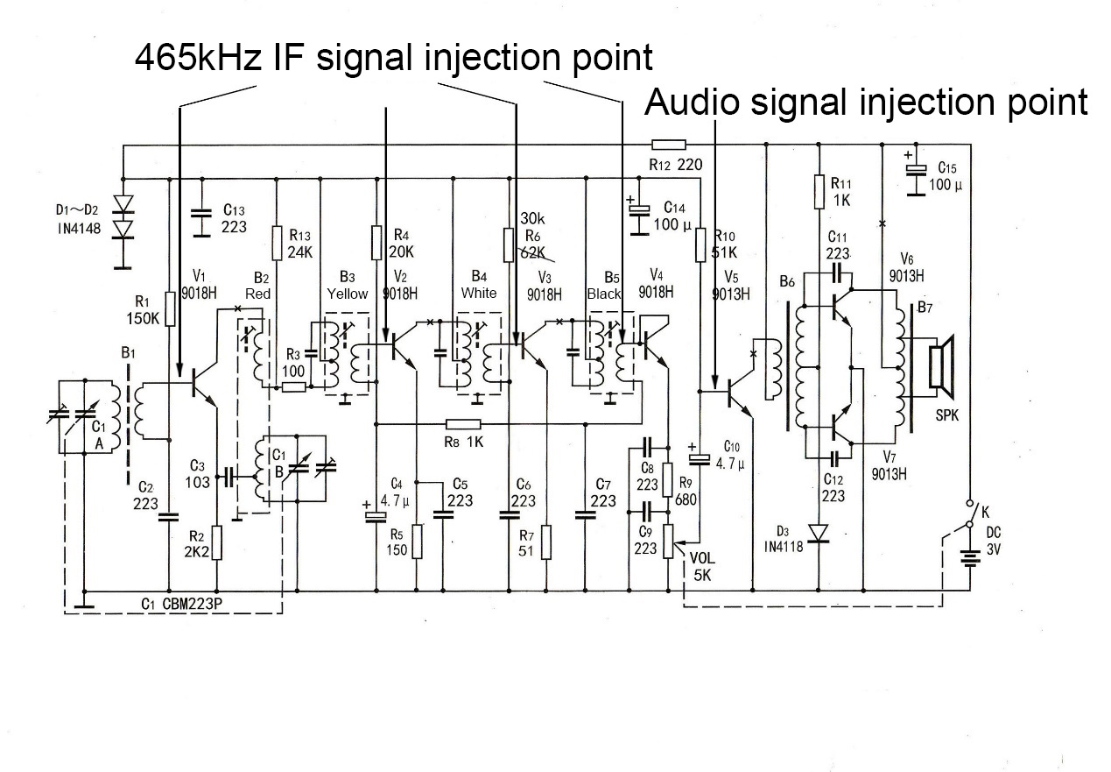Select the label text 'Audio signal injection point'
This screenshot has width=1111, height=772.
coord(866,103)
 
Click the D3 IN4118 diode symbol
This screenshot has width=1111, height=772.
coord(818,532)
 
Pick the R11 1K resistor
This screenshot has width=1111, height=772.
coord(819,191)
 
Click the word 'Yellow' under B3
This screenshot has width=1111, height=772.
coord(348,294)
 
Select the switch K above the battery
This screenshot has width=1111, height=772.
coord(969,514)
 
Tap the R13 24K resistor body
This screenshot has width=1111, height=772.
coord(277,243)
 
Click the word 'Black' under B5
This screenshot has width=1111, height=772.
coord(603,294)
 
